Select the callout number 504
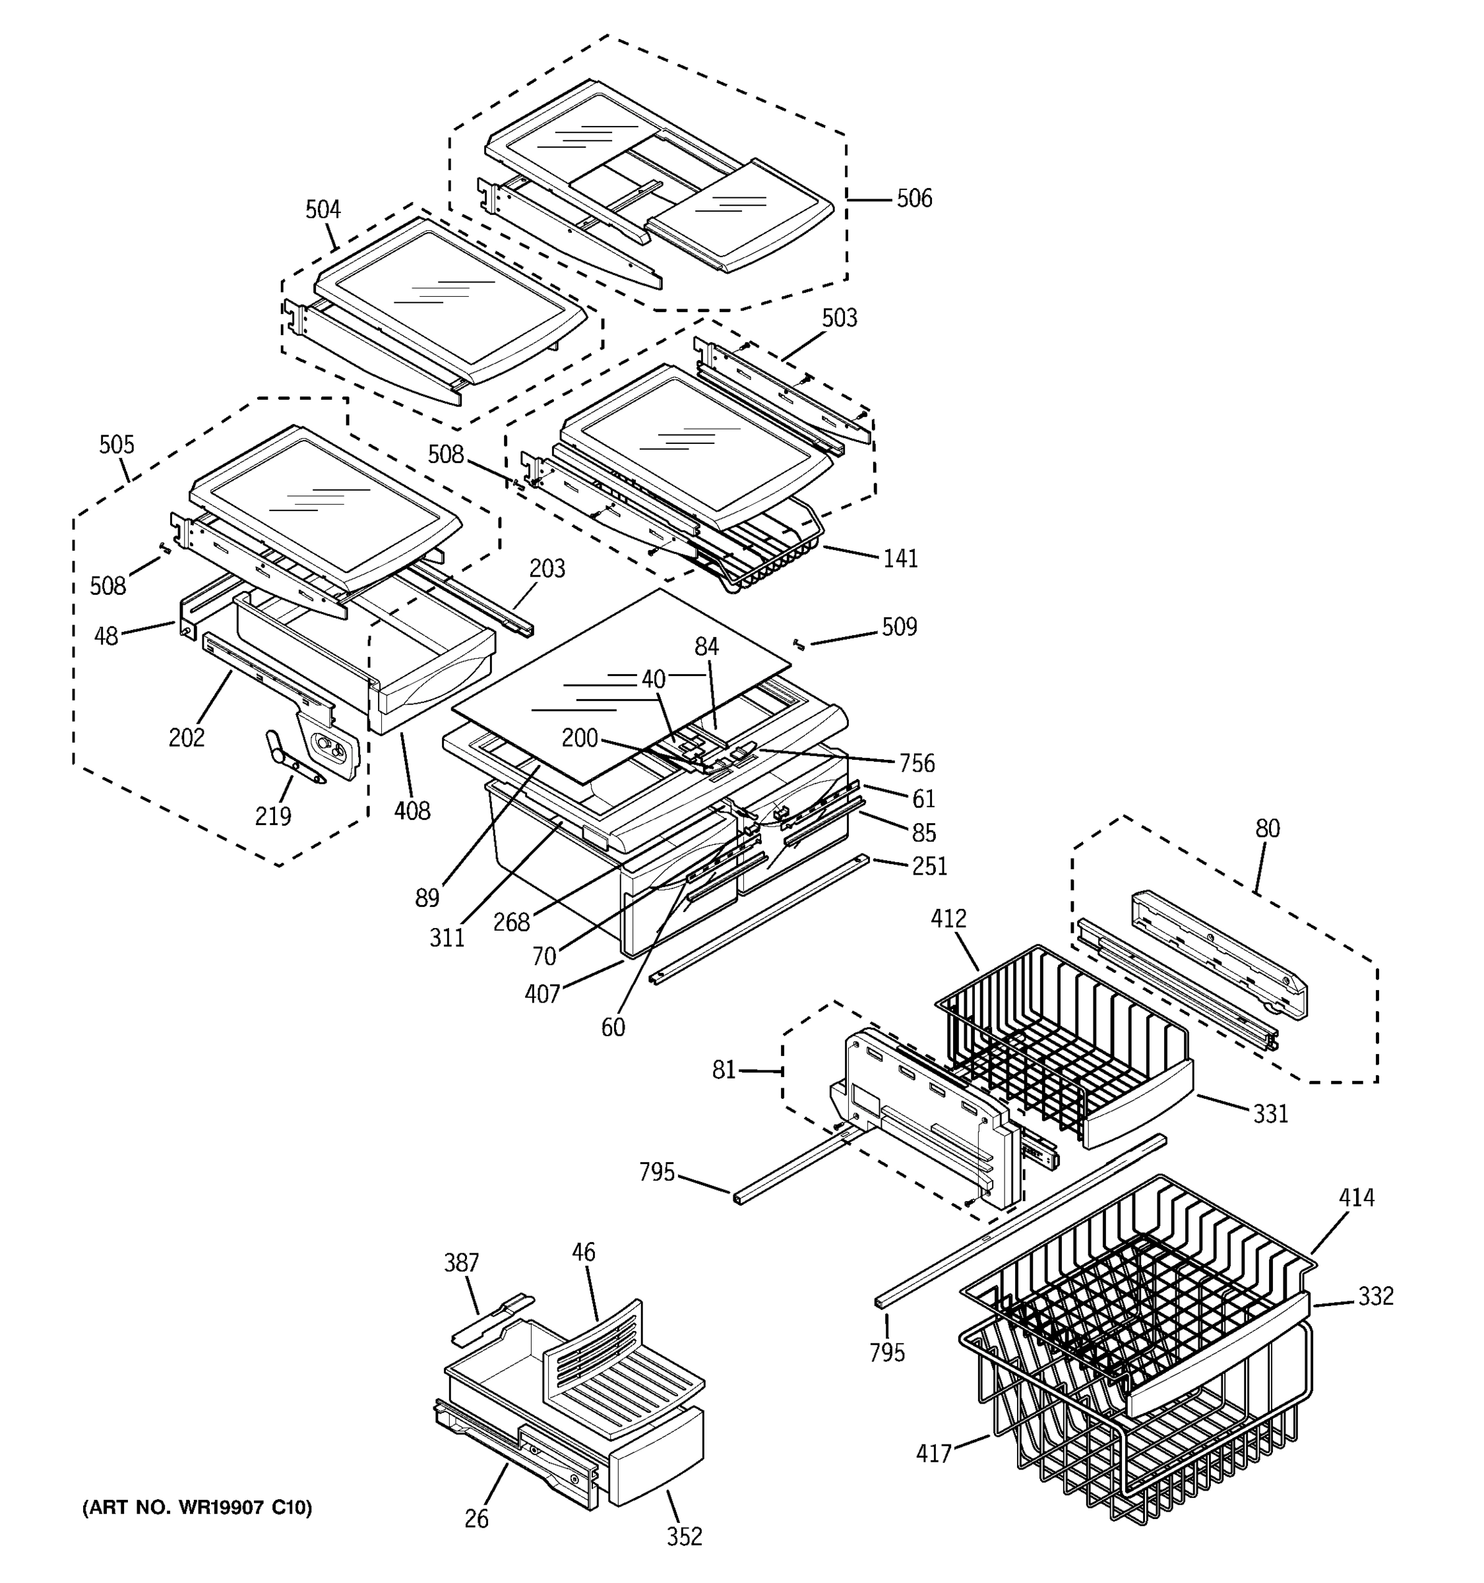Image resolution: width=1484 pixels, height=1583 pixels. point(323,210)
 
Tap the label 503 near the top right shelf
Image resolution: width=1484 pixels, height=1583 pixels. point(839,318)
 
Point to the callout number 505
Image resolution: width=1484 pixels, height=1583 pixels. point(116,445)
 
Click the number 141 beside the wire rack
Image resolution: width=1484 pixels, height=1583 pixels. point(900,558)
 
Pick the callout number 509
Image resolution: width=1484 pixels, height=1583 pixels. point(899,627)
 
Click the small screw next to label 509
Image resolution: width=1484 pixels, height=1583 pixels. point(799,644)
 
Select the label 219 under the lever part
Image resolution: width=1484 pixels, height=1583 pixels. point(273,815)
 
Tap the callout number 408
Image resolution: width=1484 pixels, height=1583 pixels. point(412,811)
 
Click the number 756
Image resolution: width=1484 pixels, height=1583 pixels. point(916,763)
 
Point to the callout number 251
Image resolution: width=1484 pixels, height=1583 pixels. point(929,865)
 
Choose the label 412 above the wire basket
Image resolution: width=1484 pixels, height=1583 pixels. point(948,918)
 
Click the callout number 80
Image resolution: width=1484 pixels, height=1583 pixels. point(1268,828)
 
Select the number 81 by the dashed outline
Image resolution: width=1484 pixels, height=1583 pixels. point(724,1071)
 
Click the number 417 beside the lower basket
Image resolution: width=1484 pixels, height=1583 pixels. point(934,1454)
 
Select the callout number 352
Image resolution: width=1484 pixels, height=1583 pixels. point(684,1536)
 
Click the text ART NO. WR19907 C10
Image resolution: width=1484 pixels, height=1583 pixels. point(197,1507)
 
